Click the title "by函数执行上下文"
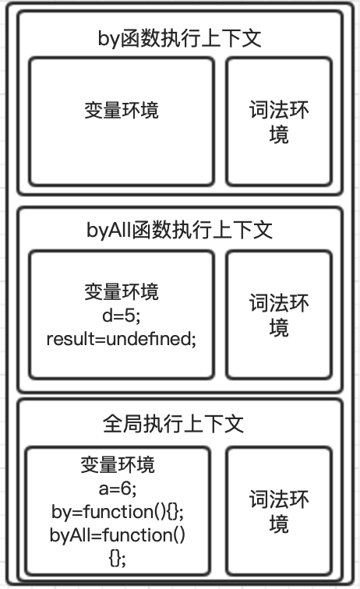[x=180, y=39]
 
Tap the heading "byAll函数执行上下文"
[x=180, y=230]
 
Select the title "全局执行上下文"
[x=173, y=424]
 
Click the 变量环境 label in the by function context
[x=122, y=111]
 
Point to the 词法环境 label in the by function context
[x=279, y=122]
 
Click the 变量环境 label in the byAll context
[x=122, y=292]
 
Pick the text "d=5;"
[x=122, y=316]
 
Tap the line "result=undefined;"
[x=122, y=339]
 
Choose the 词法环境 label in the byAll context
[x=279, y=316]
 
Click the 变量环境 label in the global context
[x=118, y=465]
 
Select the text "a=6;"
[x=118, y=488]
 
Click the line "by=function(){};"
[x=118, y=512]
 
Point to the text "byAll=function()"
[x=118, y=535]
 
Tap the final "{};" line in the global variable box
[x=118, y=559]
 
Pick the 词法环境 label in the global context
[x=279, y=512]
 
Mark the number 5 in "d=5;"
[x=129, y=316]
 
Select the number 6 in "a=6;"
[x=126, y=488]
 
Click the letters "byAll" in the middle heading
[x=108, y=231]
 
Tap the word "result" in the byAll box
[x=70, y=339]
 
